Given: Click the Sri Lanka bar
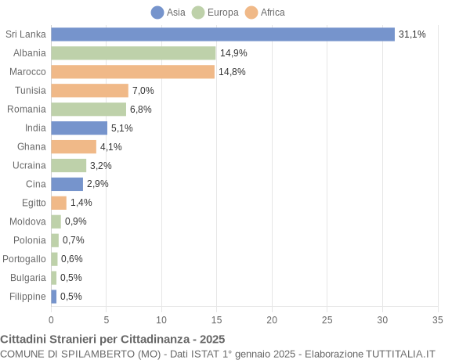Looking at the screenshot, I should (x=222, y=34).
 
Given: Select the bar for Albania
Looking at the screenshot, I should (x=133, y=53).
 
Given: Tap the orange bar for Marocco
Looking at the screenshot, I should (x=132, y=72).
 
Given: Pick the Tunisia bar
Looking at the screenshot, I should (x=89, y=91).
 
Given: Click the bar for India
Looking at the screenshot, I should (x=79, y=128).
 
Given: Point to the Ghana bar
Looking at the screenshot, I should (x=74, y=146).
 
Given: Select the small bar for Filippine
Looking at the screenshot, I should (x=54, y=297).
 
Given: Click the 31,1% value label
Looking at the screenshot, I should (x=412, y=34).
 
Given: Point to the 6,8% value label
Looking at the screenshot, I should (x=141, y=110).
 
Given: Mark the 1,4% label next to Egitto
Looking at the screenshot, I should (x=81, y=203).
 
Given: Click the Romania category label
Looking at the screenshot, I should (x=27, y=110).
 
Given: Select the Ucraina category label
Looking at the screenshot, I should (x=30, y=165).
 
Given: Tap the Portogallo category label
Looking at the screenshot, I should (x=24, y=259).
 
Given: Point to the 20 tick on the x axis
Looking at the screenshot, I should (x=272, y=319).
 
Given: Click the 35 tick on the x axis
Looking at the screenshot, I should (x=438, y=319).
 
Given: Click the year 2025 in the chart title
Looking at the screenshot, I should (x=211, y=339).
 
